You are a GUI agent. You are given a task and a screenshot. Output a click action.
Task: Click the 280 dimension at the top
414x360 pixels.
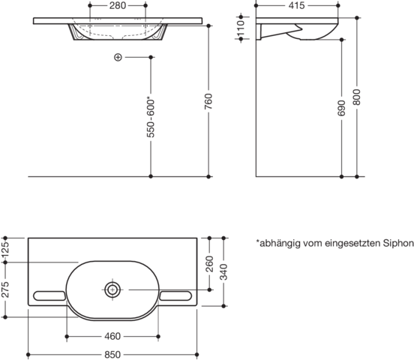pyautogui.click(x=118, y=5)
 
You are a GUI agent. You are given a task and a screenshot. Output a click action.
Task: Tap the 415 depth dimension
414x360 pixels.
pyautogui.click(x=296, y=5)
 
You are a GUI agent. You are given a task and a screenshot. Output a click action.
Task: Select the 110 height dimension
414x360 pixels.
pyautogui.click(x=241, y=28)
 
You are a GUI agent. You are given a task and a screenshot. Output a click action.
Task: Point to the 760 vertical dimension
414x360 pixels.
pyautogui.click(x=208, y=101)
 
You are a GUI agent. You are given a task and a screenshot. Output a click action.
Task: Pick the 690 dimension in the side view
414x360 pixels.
pyautogui.click(x=341, y=108)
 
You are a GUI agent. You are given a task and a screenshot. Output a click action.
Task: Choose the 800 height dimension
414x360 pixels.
pyautogui.click(x=357, y=97)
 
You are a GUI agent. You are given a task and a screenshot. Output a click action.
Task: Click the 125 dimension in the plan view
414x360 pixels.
pyautogui.click(x=5, y=249)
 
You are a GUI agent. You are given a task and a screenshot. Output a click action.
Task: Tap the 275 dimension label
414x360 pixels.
pyautogui.click(x=5, y=289)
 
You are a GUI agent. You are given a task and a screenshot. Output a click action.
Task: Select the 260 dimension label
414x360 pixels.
pyautogui.click(x=209, y=264)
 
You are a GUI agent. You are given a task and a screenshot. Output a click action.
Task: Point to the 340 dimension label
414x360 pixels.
pyautogui.click(x=223, y=272)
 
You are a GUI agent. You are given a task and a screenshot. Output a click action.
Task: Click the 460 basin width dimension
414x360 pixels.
pyautogui.click(x=112, y=336)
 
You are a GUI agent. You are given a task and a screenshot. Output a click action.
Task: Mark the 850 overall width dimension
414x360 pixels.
pyautogui.click(x=112, y=355)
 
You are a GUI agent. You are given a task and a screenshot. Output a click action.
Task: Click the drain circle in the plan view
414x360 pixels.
pyautogui.click(x=112, y=289)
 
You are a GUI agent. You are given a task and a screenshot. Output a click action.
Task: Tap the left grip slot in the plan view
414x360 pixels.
pyautogui.click(x=49, y=295)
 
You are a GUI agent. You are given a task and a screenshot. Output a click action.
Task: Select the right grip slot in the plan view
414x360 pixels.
pyautogui.click(x=175, y=295)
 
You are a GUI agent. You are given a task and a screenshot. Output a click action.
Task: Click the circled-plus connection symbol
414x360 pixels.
pyautogui.click(x=118, y=57)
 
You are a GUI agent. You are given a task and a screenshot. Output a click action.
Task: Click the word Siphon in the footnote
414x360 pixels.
pyautogui.click(x=398, y=243)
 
